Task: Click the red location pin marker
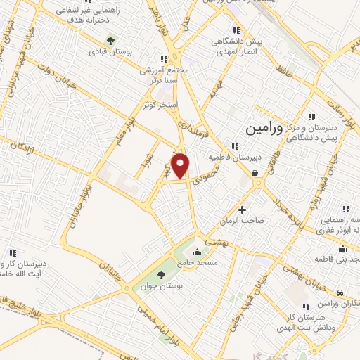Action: coord(182,166)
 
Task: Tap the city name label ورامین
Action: coord(264,129)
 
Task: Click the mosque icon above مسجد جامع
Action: coord(197,252)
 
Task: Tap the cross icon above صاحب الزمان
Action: coord(243,210)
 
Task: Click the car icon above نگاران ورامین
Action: coord(340,292)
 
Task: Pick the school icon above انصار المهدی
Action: coord(237,30)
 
